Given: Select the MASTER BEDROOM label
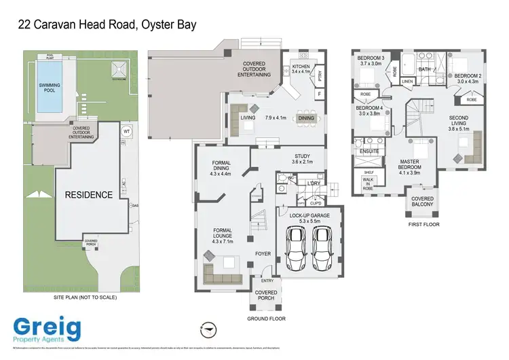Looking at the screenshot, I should [414, 166].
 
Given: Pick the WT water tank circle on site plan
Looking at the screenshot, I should [126, 132].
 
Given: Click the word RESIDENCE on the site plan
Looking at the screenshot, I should [88, 195].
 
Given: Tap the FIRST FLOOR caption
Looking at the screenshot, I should [424, 223].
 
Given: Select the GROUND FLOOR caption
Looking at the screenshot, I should [266, 318].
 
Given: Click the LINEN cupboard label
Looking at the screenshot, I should [407, 82].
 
